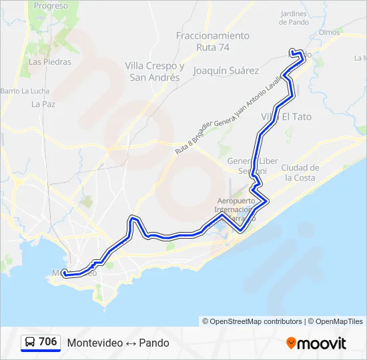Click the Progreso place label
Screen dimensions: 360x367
pyautogui.click(x=51, y=6)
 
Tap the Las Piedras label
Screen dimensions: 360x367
pyautogui.click(x=50, y=62)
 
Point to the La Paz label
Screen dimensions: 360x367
pyautogui.click(x=43, y=104)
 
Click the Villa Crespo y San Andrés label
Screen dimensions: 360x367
pyautogui.click(x=155, y=71)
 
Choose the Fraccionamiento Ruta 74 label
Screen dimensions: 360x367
pyautogui.click(x=213, y=41)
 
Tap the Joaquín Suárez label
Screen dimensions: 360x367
pyautogui.click(x=226, y=70)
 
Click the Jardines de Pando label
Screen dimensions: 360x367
pyautogui.click(x=293, y=18)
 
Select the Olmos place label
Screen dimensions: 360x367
pyautogui.click(x=330, y=32)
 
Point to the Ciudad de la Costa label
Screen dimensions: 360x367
pyautogui.click(x=300, y=173)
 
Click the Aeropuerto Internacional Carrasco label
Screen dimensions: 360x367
pyautogui.click(x=234, y=209)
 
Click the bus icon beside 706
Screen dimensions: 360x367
pyautogui.click(x=31, y=343)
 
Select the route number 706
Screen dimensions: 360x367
pyautogui.click(x=48, y=342)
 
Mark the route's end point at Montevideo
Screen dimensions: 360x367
pyautogui.click(x=65, y=273)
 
